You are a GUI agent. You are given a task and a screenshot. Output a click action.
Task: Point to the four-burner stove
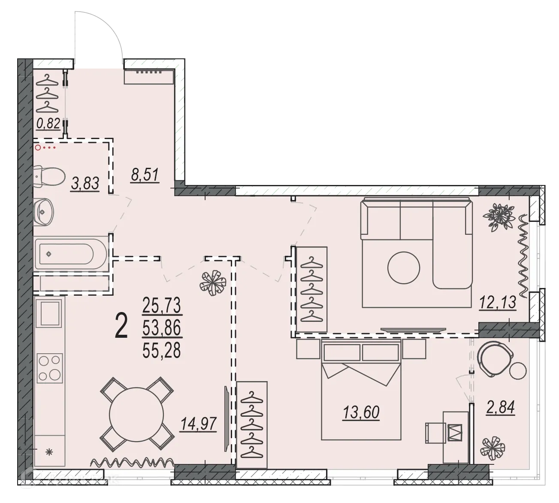point(50,368)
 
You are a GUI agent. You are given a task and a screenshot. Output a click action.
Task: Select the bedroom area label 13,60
point(361,412)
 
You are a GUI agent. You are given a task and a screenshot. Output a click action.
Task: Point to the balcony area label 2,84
point(501,406)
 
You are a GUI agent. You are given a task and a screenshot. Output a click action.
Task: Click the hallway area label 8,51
point(145,175)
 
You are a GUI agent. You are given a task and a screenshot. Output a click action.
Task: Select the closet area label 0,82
point(48,124)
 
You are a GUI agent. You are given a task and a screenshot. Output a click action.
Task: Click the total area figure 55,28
point(162,351)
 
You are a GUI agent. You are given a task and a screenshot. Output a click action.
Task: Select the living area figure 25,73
point(162,306)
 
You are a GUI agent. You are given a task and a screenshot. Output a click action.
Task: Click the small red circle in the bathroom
point(38,148)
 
